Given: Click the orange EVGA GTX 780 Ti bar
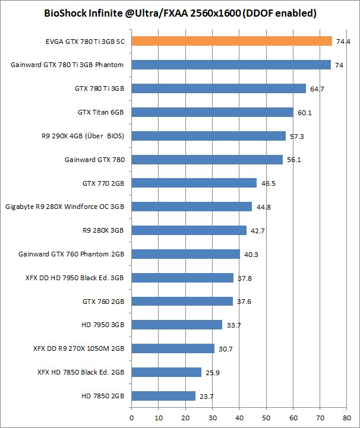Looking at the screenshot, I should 232,41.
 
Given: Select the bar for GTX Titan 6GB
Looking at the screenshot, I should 212,112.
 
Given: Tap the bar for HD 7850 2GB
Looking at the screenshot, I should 163,396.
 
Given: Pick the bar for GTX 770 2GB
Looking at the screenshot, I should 194,183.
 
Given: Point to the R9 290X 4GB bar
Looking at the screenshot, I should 209,136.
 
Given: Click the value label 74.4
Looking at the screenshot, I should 343,42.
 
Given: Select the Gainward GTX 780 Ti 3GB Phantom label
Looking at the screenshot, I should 68,65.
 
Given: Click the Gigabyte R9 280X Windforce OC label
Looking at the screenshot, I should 65,207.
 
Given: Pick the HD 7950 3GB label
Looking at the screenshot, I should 103,325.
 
